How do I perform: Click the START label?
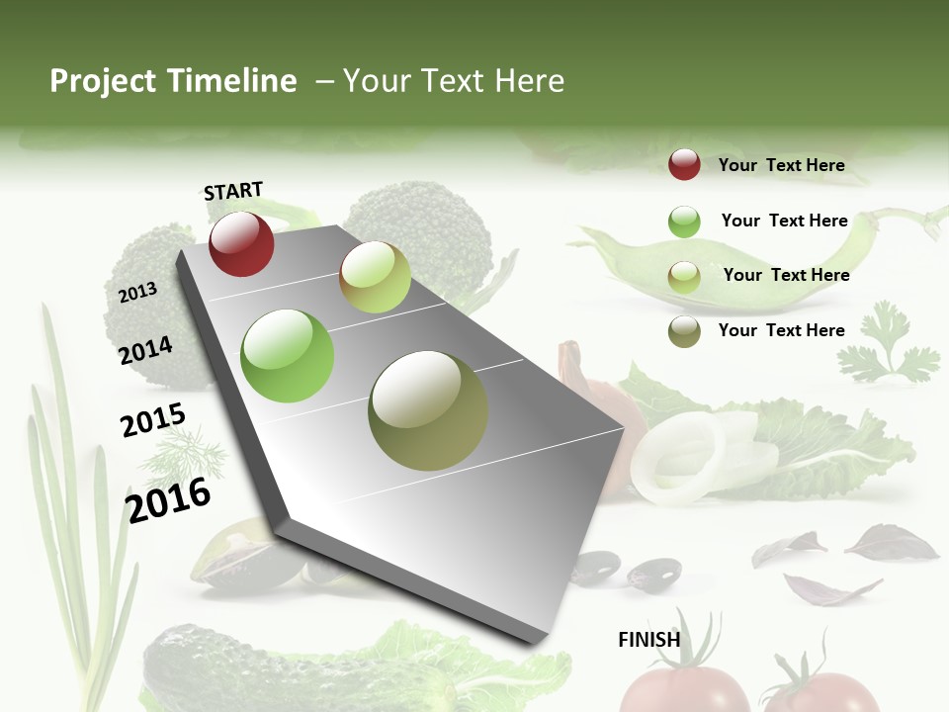[233, 191]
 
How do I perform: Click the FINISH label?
[648, 640]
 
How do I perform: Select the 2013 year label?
[137, 293]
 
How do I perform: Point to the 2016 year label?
[168, 500]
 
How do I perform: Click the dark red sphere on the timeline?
[241, 243]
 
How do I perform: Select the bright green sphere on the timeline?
[287, 356]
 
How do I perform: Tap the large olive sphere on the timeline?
[428, 410]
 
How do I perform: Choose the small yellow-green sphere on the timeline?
[375, 277]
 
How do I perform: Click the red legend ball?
[684, 165]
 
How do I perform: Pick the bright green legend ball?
[684, 222]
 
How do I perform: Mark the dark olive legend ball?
[684, 331]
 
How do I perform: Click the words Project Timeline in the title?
[173, 81]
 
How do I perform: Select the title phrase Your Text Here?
[454, 81]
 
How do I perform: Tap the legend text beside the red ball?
[781, 165]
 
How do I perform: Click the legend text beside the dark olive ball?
[781, 330]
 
